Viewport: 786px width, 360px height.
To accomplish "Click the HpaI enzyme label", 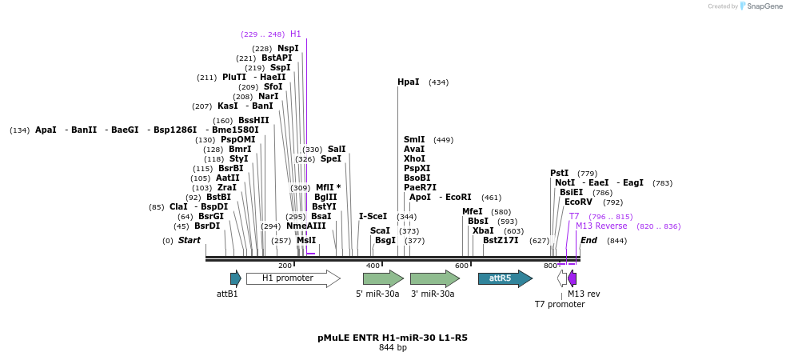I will click(408, 82).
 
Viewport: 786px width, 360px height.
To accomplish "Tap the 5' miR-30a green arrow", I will click(383, 278).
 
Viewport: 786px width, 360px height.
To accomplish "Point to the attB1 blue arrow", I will click(235, 278).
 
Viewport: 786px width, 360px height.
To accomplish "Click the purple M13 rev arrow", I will click(572, 278).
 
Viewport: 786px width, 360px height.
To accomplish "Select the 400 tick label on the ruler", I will click(373, 266).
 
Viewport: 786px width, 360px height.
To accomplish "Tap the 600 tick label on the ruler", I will click(461, 266).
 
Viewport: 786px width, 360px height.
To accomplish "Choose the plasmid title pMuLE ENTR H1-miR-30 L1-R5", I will click(393, 338).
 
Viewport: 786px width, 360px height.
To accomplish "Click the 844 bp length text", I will click(393, 348).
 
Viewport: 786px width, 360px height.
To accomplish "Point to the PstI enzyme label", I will click(559, 174).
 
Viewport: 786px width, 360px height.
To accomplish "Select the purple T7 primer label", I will click(574, 217).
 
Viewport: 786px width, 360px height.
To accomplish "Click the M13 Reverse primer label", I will click(601, 226).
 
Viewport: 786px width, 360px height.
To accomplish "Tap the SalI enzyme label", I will click(337, 150).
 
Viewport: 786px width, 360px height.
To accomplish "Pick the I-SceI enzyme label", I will click(373, 216).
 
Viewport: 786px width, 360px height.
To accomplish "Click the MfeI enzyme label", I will click(473, 212).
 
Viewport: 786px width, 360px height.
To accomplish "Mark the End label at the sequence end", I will click(589, 240).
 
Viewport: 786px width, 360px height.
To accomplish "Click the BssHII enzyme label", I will click(253, 121).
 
